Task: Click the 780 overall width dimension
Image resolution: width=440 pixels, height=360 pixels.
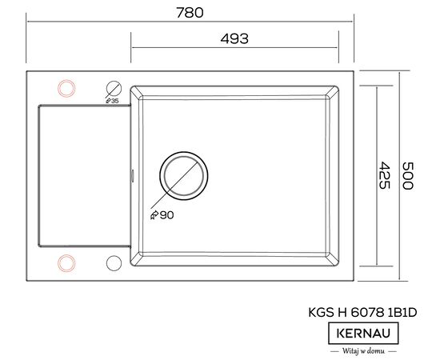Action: pos(190,13)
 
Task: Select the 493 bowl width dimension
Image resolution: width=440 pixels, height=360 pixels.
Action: pos(234,38)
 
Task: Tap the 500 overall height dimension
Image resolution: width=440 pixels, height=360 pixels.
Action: pos(407,176)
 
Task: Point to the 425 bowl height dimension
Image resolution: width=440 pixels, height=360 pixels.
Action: pos(384,175)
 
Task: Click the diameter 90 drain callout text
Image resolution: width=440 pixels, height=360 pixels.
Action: pos(162,215)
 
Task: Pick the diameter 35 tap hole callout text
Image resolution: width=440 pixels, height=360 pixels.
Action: pos(112,101)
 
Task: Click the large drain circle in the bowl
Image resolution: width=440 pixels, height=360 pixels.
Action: pos(184,152)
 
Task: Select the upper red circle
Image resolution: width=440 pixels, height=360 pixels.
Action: pos(66,80)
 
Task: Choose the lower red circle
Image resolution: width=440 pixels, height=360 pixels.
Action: pos(66,254)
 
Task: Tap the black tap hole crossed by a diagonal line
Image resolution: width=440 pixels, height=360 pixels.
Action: pos(114,81)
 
